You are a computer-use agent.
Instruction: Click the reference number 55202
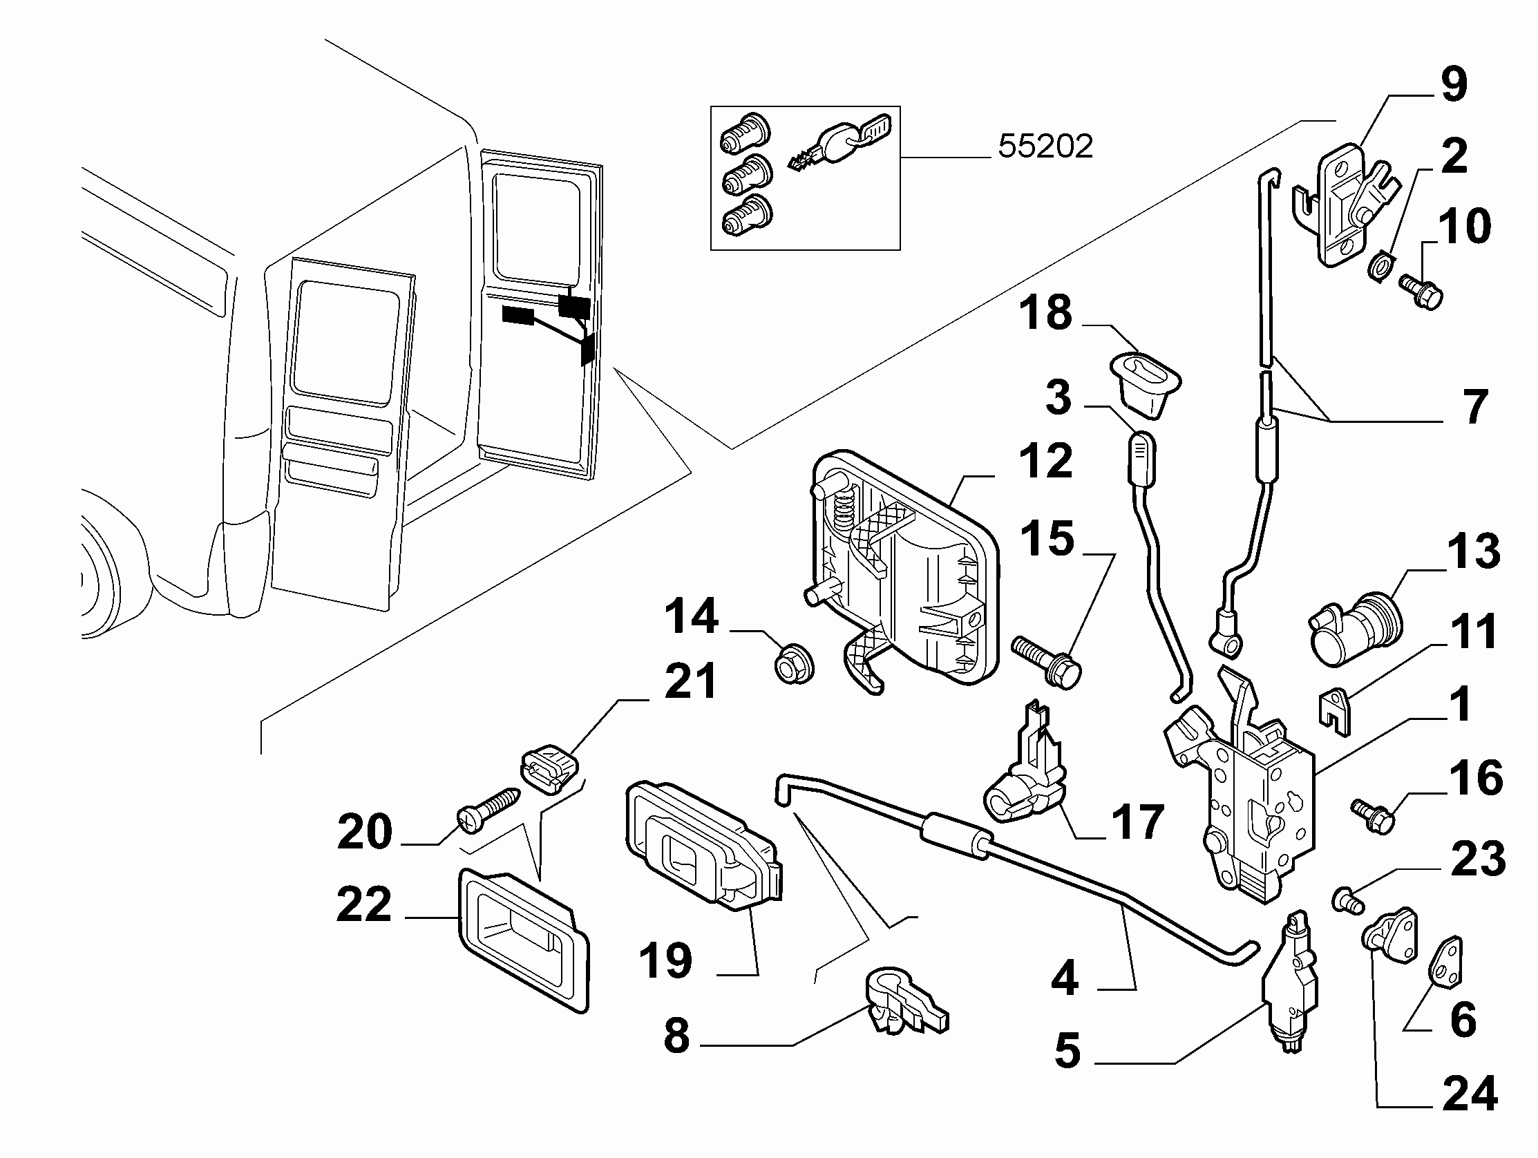[1045, 146]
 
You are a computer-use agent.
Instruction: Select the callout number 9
[1452, 84]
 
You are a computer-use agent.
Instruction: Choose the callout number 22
[363, 905]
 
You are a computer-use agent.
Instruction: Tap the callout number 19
[665, 960]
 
